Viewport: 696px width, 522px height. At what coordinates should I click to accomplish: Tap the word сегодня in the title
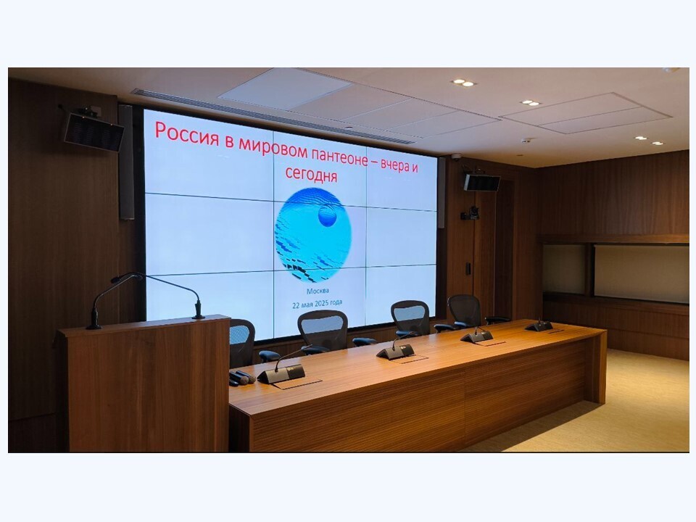(x=311, y=173)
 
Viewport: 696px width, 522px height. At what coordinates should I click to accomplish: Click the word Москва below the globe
(x=318, y=291)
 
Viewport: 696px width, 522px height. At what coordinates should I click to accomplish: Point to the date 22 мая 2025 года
(x=317, y=304)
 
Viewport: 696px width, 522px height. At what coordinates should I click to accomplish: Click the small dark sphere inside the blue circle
(x=328, y=216)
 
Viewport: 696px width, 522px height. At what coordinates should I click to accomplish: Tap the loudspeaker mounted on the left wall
(x=94, y=131)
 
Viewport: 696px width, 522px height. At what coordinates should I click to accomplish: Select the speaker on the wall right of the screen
(x=481, y=182)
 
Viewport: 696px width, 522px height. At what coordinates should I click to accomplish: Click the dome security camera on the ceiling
(x=455, y=157)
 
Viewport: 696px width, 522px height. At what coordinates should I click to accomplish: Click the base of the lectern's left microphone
(x=94, y=326)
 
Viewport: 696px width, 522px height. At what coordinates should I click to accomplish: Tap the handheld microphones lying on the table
(x=241, y=378)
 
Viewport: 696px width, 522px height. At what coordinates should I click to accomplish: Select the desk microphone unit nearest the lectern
(x=281, y=373)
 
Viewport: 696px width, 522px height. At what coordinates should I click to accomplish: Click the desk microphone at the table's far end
(x=539, y=326)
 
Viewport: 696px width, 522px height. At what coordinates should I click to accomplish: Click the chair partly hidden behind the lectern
(x=242, y=342)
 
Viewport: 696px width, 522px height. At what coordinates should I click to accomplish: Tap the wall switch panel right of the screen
(x=468, y=268)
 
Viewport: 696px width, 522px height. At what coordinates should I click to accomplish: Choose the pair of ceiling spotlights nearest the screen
(x=463, y=83)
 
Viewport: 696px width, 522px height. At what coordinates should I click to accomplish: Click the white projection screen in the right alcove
(x=642, y=273)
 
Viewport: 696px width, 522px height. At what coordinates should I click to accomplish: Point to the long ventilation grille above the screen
(x=273, y=117)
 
